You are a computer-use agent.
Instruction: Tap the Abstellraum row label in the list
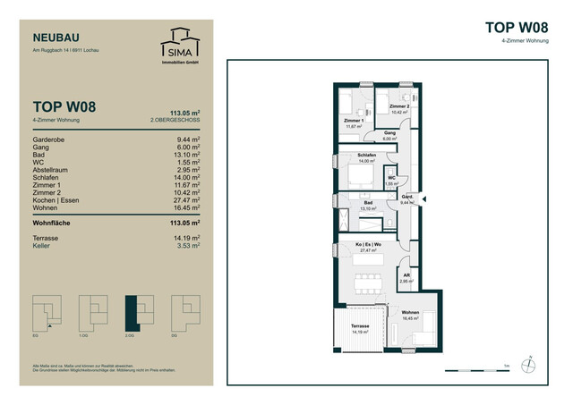point(53,169)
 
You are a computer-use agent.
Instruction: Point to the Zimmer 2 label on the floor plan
point(399,106)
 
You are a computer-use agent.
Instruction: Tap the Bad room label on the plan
point(367,202)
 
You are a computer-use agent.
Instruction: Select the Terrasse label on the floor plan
point(360,326)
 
